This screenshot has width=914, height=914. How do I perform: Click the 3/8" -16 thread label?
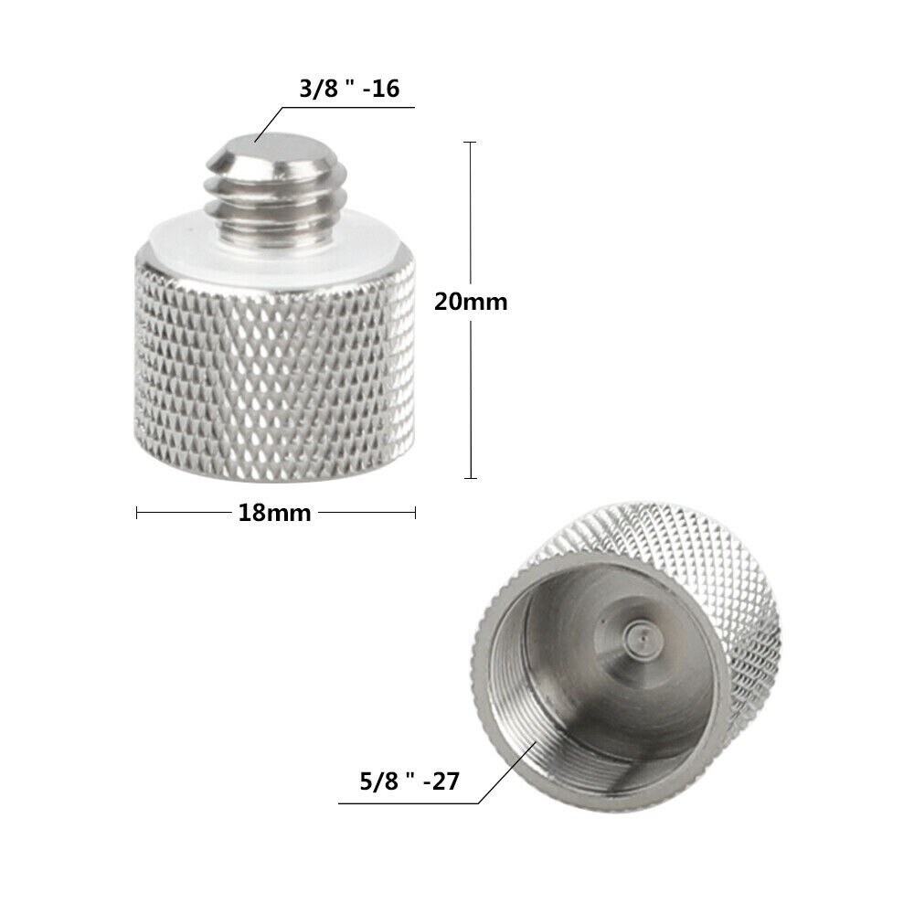(347, 89)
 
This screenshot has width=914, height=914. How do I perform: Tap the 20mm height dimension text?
(470, 302)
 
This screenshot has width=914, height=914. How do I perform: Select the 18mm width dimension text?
(274, 513)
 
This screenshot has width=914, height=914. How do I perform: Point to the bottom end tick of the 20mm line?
(471, 478)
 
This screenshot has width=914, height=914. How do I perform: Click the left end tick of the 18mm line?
(137, 513)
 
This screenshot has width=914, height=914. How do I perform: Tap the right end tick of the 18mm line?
(416, 513)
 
